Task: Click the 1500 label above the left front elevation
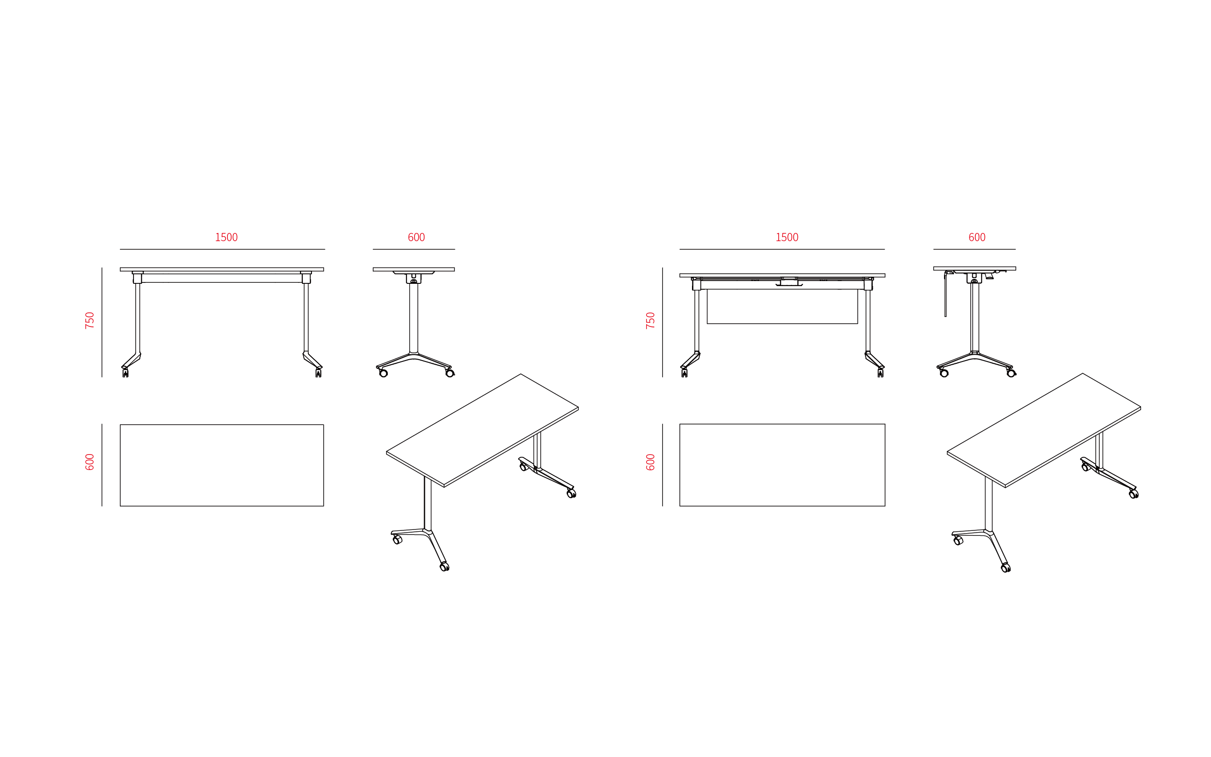coord(226,237)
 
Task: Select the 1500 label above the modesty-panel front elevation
coord(786,237)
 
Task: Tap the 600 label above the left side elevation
coord(416,237)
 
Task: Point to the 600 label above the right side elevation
coord(977,237)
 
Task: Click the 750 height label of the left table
coord(89,321)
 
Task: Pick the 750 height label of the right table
coord(650,321)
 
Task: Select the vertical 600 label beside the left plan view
coord(89,462)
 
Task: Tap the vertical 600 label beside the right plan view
coord(650,462)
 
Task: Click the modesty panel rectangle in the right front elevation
coord(782,307)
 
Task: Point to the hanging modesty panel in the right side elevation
coord(945,295)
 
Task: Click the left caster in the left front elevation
coord(125,373)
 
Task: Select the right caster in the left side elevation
coord(450,373)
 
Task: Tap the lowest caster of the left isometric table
coord(444,567)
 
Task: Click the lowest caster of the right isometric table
coord(1005,568)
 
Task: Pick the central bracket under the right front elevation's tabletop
coord(789,282)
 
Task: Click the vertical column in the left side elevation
coord(414,318)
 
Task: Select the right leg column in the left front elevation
coord(306,318)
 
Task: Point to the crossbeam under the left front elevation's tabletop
coord(222,278)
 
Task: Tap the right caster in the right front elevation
coord(880,373)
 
